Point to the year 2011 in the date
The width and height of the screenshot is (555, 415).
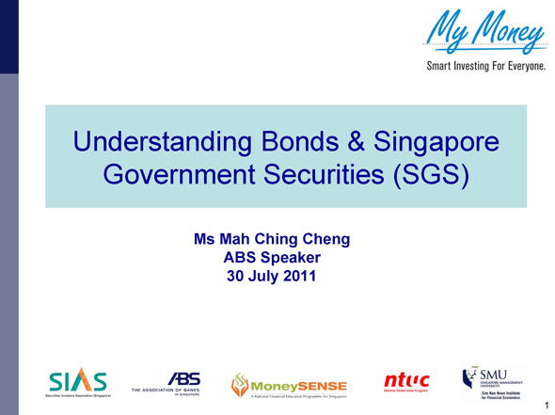click(300, 276)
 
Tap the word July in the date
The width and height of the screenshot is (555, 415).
click(263, 276)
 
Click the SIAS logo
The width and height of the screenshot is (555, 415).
click(77, 381)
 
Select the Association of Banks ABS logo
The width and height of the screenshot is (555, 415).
click(173, 381)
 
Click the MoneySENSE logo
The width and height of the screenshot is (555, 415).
click(290, 384)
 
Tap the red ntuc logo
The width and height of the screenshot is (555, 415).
click(406, 380)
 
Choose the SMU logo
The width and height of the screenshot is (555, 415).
click(492, 380)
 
